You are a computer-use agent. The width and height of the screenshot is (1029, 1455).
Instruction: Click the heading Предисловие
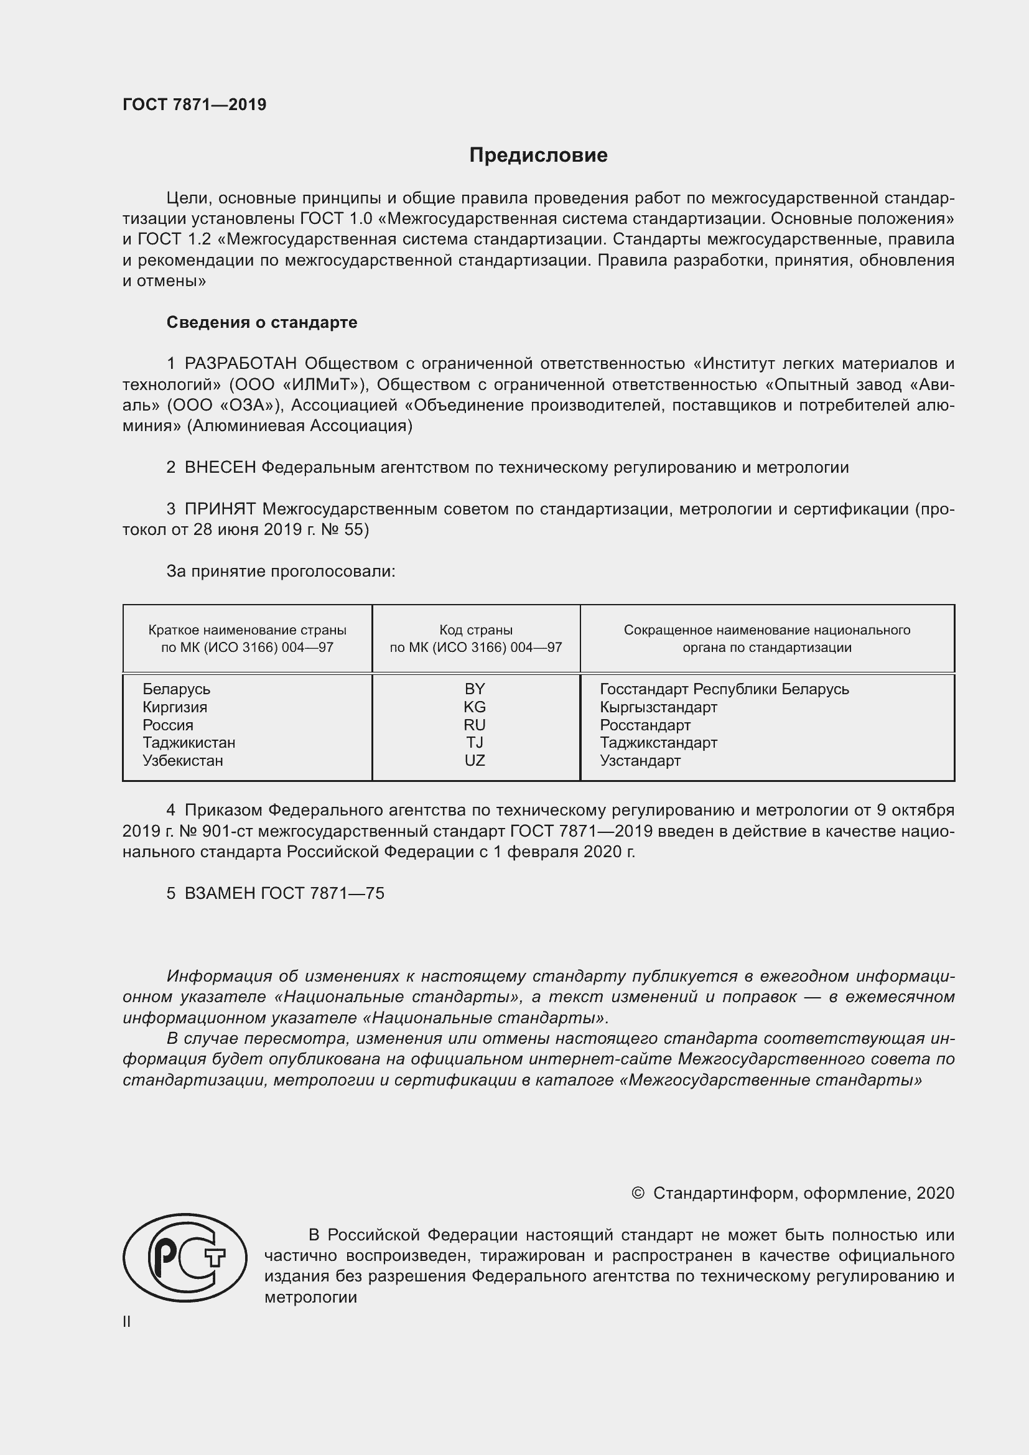(538, 156)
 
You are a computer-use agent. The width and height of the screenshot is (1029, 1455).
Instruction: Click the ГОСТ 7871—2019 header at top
(195, 105)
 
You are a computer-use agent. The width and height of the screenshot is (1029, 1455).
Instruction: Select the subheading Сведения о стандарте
(262, 323)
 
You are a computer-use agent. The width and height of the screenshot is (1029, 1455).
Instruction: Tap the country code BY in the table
(475, 689)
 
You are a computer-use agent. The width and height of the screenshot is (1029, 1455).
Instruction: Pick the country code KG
(475, 707)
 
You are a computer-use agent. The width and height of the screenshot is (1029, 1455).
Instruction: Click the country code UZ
(475, 760)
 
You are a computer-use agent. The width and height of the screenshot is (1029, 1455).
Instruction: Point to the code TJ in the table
(475, 742)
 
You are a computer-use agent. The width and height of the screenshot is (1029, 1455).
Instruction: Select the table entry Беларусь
(176, 689)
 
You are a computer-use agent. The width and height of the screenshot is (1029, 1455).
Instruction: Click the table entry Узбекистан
(182, 760)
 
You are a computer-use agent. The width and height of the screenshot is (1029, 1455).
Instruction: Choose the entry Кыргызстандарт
(658, 707)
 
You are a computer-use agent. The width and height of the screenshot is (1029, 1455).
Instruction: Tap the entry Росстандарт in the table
(645, 725)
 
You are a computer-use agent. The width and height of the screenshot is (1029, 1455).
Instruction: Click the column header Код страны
(476, 630)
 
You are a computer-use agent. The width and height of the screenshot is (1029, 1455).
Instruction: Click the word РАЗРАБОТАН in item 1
(241, 364)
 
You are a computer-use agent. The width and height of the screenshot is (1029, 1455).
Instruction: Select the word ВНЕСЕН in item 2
(220, 468)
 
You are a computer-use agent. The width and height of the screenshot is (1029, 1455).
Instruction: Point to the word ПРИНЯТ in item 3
(220, 509)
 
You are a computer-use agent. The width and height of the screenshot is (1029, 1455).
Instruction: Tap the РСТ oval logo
(184, 1257)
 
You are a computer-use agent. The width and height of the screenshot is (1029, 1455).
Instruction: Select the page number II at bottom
(127, 1322)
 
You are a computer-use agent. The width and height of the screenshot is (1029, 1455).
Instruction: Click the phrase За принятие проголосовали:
(281, 572)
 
